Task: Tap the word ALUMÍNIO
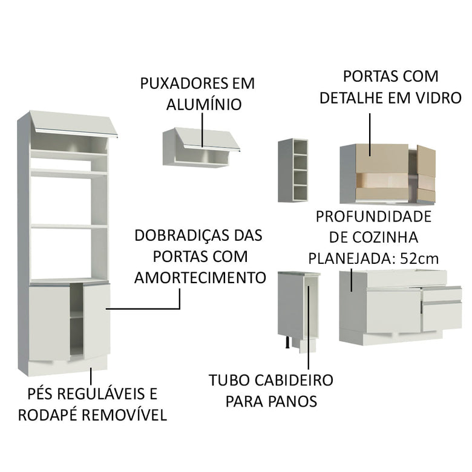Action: pos(204,105)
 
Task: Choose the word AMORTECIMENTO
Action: pos(200,278)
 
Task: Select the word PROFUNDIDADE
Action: pos(373,216)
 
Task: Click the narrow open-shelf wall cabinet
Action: pos(293,170)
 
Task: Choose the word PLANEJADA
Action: pos(345,258)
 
